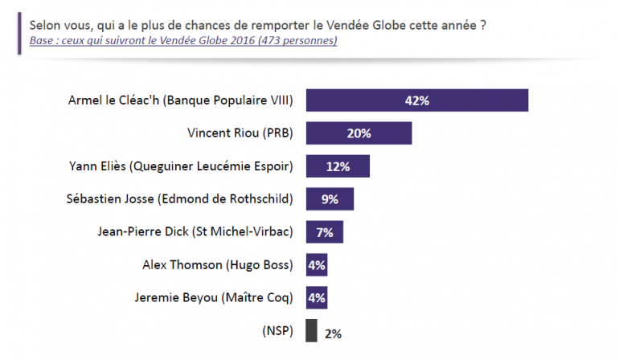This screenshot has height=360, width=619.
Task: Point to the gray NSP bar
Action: click(310, 331)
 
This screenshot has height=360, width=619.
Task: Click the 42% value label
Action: click(416, 100)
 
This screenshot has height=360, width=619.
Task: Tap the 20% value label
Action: click(359, 133)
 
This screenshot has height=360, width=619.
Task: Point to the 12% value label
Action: click(338, 166)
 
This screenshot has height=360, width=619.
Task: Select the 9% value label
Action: click(330, 199)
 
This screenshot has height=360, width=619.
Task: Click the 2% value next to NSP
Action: click(334, 332)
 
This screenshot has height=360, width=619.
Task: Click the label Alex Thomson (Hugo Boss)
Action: click(218, 264)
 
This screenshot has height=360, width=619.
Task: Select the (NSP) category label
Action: click(278, 330)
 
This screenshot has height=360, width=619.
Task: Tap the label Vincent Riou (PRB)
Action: click(236, 133)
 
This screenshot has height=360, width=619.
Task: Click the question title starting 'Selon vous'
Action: click(257, 24)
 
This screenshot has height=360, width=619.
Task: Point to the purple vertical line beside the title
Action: click(19, 32)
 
